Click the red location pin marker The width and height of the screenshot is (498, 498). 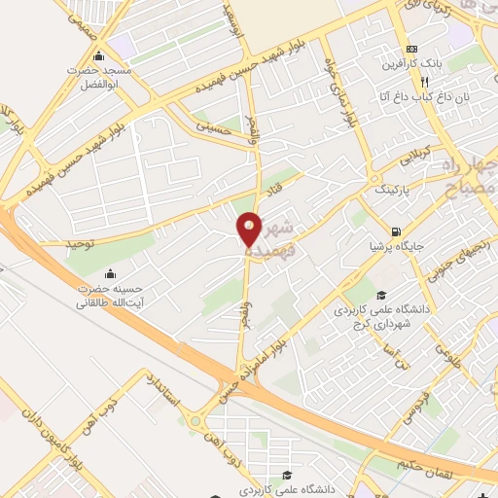[250, 231]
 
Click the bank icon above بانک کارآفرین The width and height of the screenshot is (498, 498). [411, 49]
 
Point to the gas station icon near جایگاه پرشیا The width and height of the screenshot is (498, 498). [394, 231]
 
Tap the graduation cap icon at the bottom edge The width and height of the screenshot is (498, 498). [285, 476]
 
